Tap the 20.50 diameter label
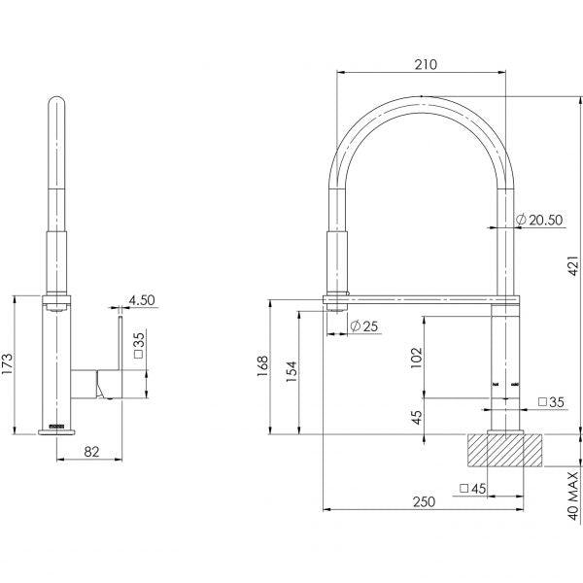pyautogui.click(x=540, y=221)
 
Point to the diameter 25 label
pyautogui.click(x=363, y=326)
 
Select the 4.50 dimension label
pyautogui.click(x=142, y=300)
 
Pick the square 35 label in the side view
pyautogui.click(x=139, y=341)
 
